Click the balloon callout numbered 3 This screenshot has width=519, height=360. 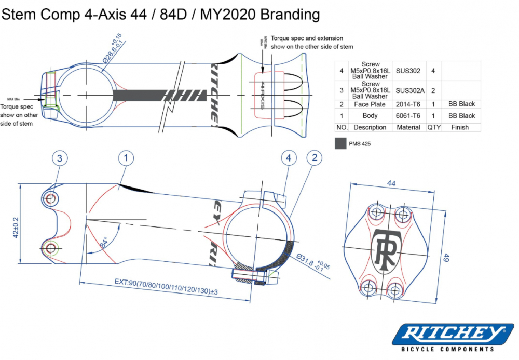[x=60, y=158]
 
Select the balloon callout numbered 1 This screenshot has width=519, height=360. [x=126, y=158]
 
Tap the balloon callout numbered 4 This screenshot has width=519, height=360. [x=289, y=158]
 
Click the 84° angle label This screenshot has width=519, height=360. [x=105, y=242]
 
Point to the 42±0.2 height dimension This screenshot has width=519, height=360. [x=16, y=228]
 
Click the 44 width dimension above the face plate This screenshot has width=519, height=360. [x=391, y=184]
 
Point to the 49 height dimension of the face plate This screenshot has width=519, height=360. [x=445, y=258]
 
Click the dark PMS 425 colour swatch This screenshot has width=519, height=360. [x=341, y=143]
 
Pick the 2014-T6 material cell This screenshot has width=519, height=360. [x=408, y=104]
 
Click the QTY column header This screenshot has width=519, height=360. [x=433, y=127]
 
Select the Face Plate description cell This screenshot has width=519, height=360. [x=370, y=104]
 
